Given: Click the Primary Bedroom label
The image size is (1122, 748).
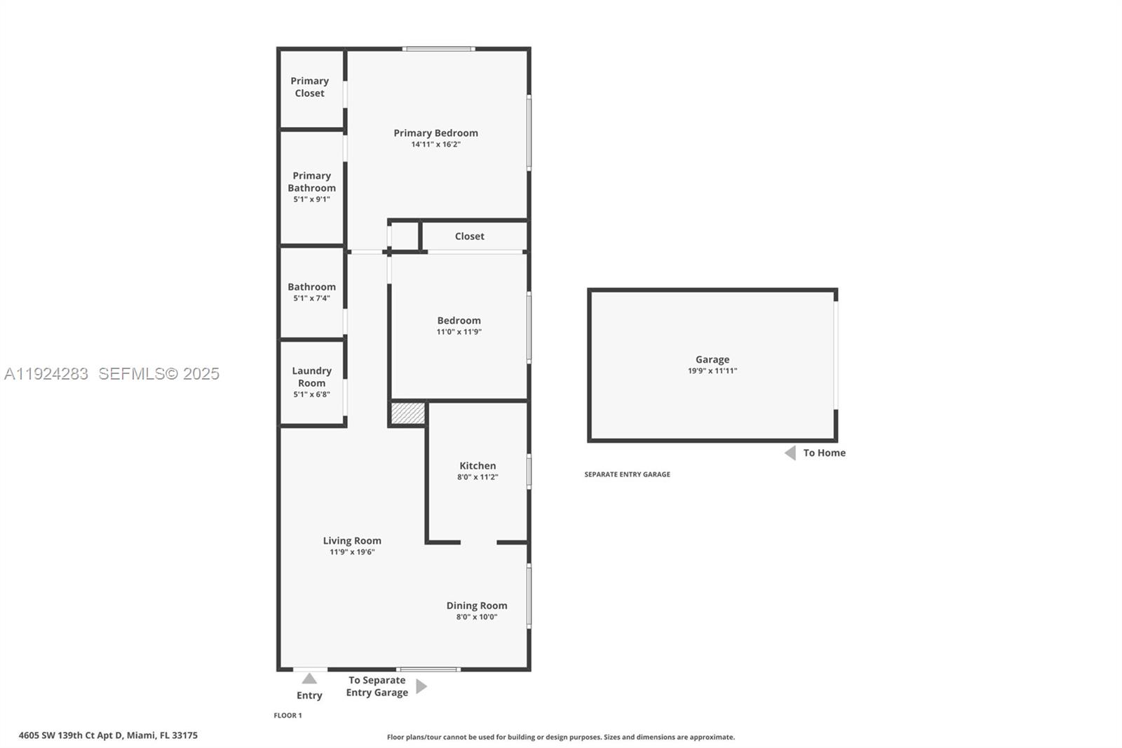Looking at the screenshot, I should pos(435,133).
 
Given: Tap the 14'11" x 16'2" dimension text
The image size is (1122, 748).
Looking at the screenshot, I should pos(435,145).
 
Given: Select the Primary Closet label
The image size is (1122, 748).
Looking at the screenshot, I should pos(309,87).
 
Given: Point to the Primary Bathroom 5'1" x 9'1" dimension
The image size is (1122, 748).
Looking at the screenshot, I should pos(311,199).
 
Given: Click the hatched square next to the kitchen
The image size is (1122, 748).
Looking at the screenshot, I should pos(407,413).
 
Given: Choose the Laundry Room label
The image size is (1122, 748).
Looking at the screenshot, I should pos(311,377).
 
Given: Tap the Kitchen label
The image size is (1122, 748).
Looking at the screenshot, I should pos(478,466).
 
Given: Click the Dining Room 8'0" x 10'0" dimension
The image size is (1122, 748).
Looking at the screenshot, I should pos(476,617).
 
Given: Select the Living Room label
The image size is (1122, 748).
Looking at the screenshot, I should pos(352,541).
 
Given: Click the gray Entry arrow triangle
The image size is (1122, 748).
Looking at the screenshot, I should pos(309,679).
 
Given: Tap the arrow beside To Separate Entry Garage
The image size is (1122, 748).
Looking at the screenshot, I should pos(421,686).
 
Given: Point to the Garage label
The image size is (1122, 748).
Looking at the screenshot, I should pos(712,359).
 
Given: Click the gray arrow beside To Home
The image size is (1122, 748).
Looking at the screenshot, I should pos(790,453).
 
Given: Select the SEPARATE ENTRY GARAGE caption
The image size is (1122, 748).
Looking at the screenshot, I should pos(627,474).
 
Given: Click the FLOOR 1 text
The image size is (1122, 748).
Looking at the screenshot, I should pos(288,716).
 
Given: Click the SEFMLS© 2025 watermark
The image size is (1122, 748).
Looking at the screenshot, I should pos(158,374).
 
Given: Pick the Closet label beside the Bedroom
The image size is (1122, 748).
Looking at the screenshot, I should pos(469,236).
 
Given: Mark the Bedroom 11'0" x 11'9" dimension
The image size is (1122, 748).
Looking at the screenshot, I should pos(459,332).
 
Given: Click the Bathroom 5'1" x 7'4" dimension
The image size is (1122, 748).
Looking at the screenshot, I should pos(311,298).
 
